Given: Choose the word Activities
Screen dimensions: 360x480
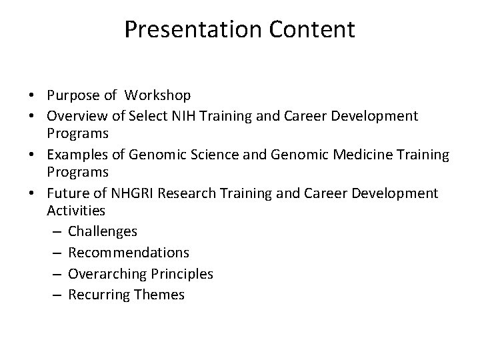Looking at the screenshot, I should pyautogui.click(x=76, y=211).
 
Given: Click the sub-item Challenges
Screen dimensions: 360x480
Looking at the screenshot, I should pyautogui.click(x=103, y=231).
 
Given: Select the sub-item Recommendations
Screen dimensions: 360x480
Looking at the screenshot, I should pyautogui.click(x=129, y=253).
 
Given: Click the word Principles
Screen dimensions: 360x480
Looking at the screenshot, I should pyautogui.click(x=180, y=274).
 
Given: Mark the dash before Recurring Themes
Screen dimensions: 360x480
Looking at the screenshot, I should pyautogui.click(x=57, y=295).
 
